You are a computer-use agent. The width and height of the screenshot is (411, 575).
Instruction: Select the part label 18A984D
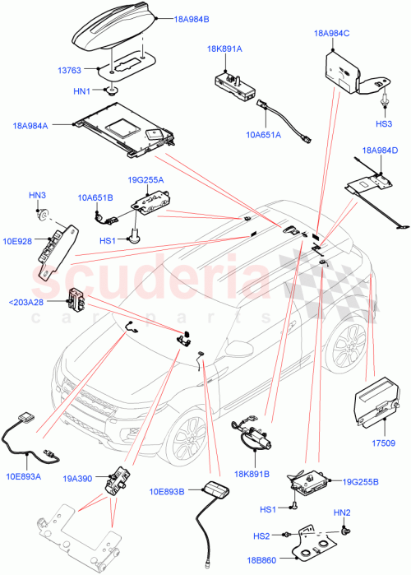coord(379,150)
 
